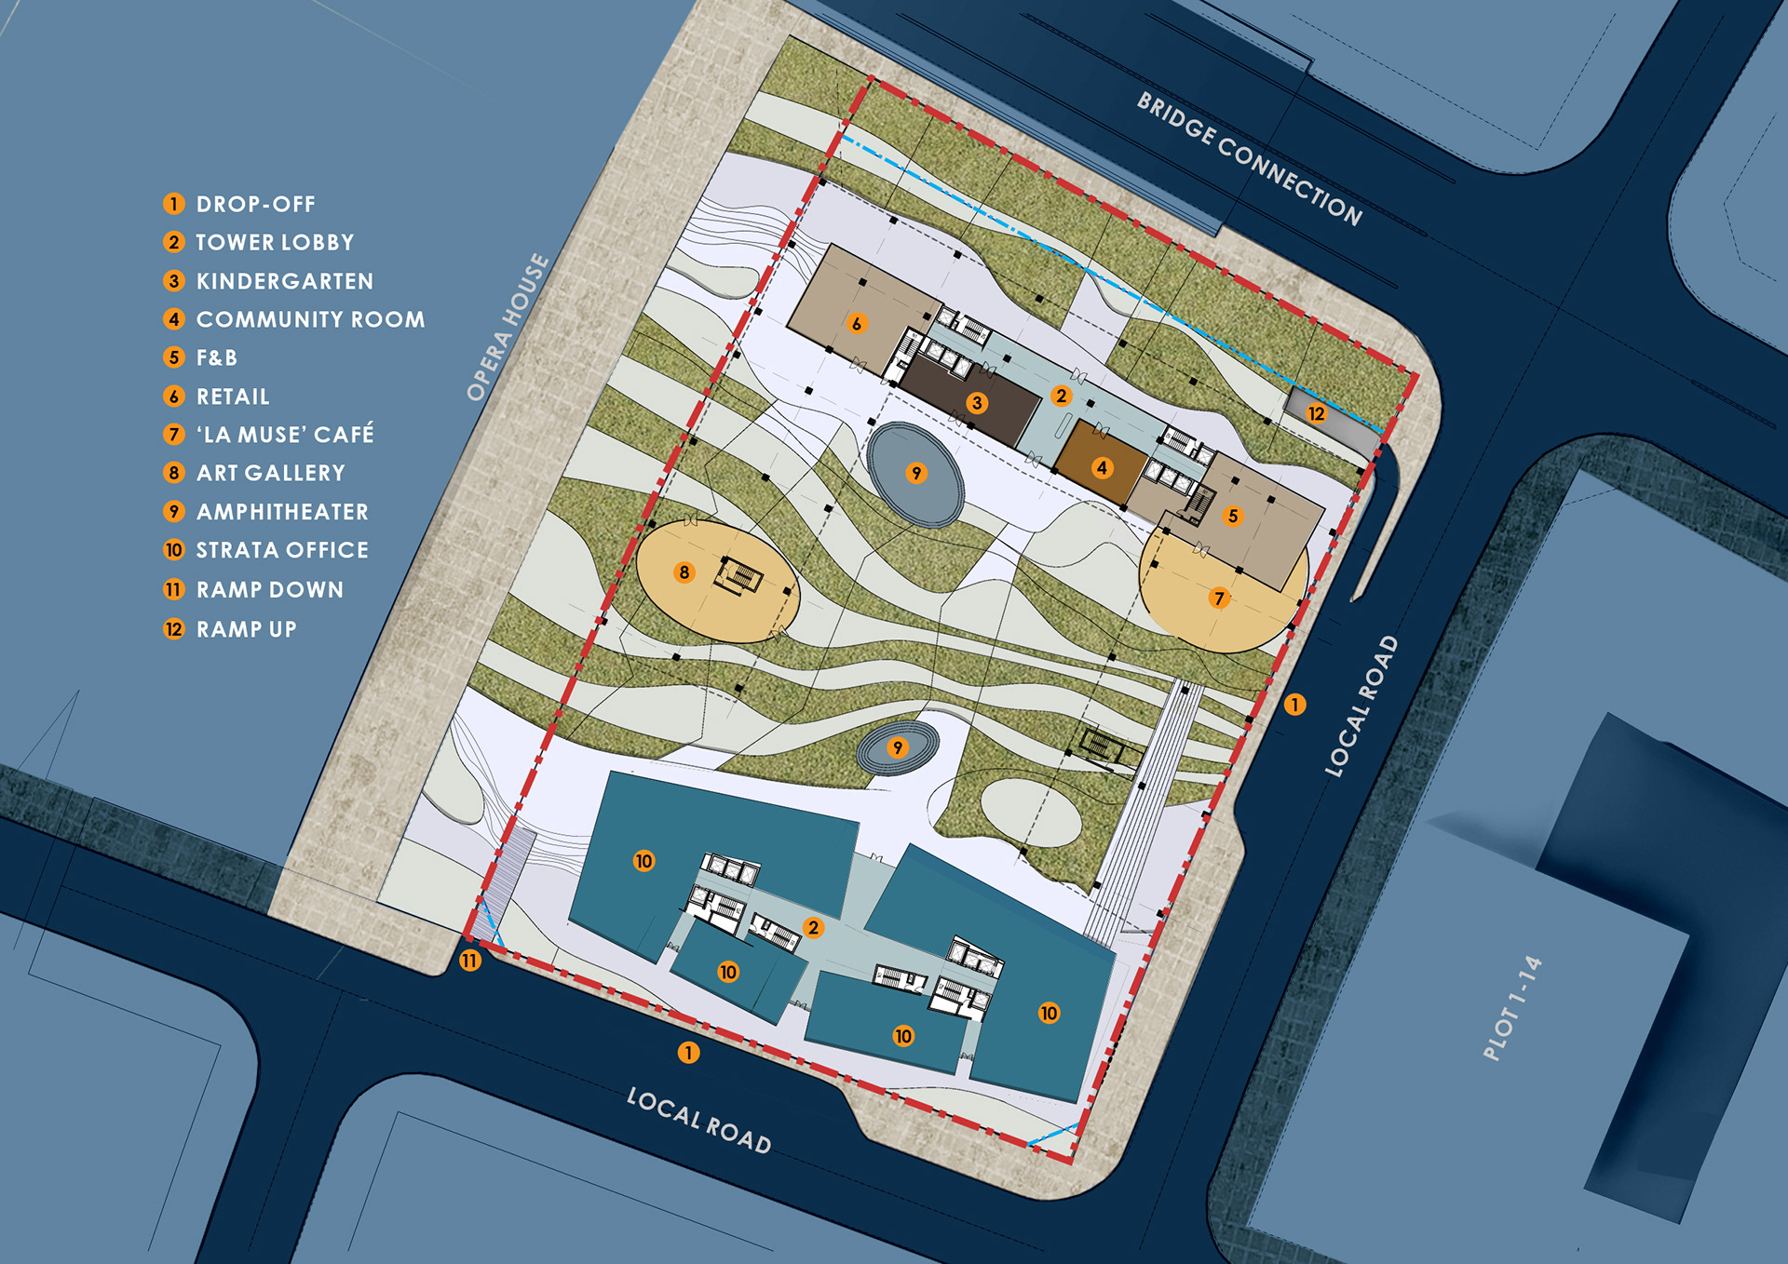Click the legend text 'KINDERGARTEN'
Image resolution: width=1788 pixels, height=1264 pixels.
tap(285, 281)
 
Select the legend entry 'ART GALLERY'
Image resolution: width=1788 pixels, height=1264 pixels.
tap(271, 473)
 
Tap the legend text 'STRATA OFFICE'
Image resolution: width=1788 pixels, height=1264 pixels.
tap(282, 550)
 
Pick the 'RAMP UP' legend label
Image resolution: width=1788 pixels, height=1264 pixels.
tap(247, 629)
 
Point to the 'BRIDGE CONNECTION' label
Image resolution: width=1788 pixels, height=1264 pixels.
tap(1250, 158)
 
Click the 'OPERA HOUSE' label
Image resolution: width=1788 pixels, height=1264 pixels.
tap(508, 327)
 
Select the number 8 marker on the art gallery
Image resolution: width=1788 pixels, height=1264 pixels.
tap(684, 572)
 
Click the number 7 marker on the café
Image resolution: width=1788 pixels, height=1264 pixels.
tap(1219, 598)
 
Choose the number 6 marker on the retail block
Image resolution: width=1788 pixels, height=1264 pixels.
tap(857, 324)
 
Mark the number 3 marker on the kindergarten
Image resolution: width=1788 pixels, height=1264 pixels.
tap(977, 403)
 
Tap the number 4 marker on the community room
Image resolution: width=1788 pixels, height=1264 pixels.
tap(1103, 467)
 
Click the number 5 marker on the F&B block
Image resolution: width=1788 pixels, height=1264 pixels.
tap(1233, 516)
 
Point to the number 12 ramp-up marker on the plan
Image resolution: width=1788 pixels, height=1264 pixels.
tap(1316, 413)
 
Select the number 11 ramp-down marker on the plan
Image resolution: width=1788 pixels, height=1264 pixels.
tap(470, 961)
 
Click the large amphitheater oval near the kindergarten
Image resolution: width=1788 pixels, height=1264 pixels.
tap(915, 474)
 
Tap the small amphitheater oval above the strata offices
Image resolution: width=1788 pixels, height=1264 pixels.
tap(898, 747)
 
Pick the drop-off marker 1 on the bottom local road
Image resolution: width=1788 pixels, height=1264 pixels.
tap(688, 1053)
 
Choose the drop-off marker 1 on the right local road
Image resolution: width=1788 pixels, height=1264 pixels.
tap(1294, 705)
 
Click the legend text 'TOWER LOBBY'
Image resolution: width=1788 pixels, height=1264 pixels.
tap(275, 242)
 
